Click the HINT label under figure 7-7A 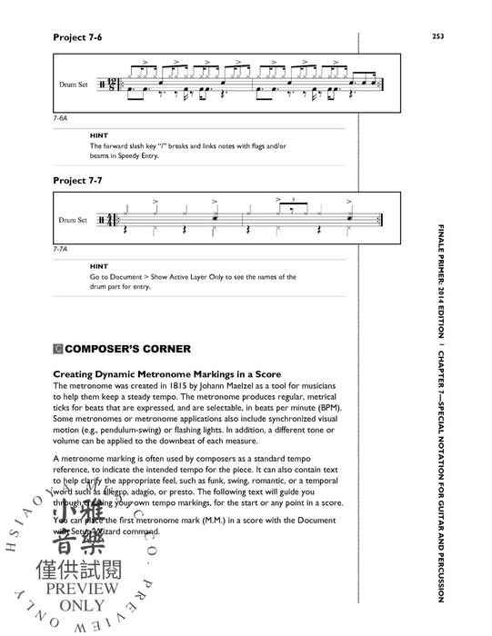coord(99,266)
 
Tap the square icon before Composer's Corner coord(59,346)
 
